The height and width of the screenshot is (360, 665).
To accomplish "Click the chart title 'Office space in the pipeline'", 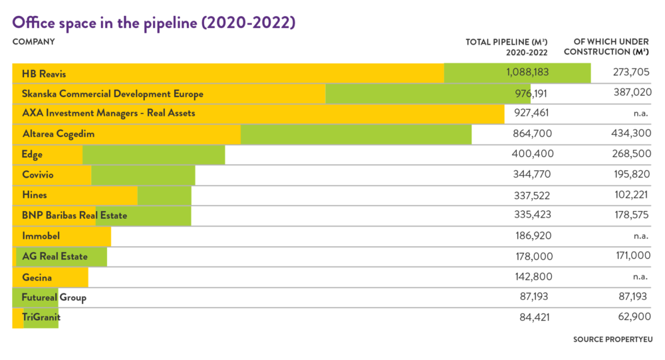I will click(154, 22).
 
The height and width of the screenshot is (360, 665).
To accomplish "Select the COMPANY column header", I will click(33, 42).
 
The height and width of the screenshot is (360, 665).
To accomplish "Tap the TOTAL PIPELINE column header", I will click(507, 47).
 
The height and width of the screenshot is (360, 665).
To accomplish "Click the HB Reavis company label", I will click(44, 73).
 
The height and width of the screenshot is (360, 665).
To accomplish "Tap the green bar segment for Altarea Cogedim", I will click(356, 134).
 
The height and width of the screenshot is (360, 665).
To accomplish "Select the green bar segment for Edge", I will click(154, 154).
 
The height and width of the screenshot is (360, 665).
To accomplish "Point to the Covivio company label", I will click(39, 175).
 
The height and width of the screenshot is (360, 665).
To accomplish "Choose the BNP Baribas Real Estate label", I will click(74, 216).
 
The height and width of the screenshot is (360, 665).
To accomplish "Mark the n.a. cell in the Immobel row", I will click(641, 236).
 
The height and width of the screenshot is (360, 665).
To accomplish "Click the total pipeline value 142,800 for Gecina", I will click(533, 277).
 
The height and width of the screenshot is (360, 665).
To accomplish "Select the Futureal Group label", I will click(54, 297).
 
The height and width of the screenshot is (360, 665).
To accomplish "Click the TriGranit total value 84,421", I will click(535, 317).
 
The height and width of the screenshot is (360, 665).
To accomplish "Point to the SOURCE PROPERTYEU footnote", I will click(613, 339).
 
